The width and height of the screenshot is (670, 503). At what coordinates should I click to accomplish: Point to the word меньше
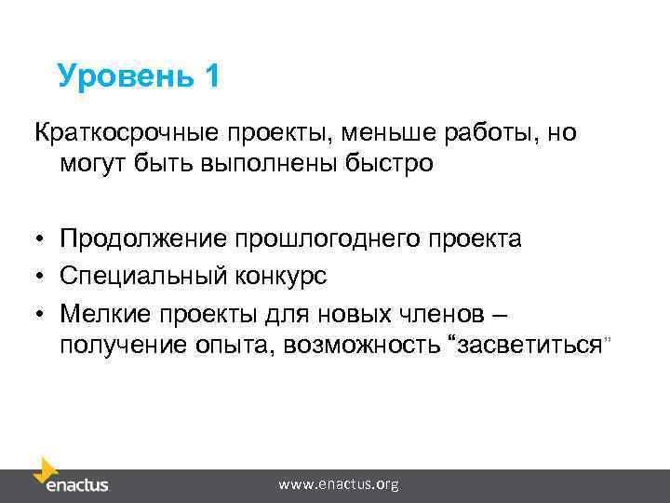[x=368, y=133]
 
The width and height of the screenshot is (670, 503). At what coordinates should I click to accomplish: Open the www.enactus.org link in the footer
[x=339, y=484]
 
